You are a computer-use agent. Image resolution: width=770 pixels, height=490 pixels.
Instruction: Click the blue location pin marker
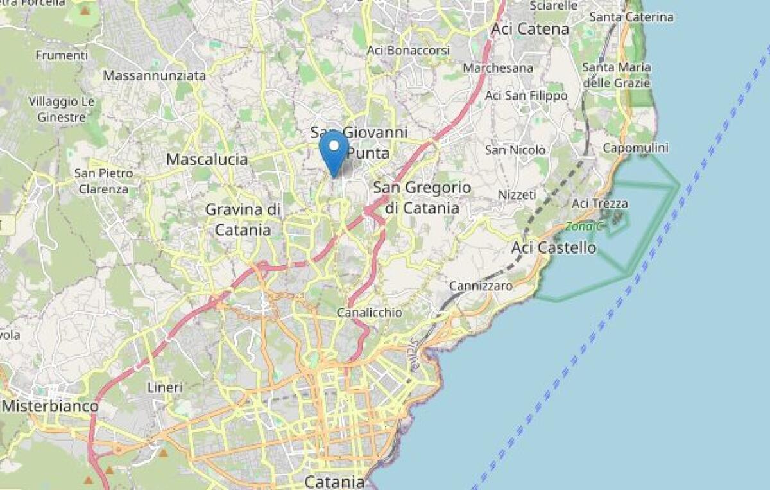[334, 150]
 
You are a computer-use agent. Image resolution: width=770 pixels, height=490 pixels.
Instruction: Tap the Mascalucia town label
[207, 159]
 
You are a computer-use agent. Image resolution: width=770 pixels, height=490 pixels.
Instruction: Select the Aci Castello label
[554, 247]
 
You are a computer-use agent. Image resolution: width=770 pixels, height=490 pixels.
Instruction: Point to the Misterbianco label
[50, 406]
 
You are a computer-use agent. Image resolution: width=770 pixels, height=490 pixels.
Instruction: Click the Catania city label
[334, 481]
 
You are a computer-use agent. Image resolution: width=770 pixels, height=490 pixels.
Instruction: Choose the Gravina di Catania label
[243, 219]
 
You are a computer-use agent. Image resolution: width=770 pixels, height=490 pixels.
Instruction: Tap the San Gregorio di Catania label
[422, 198]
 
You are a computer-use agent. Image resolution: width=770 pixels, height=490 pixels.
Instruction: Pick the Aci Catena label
[530, 29]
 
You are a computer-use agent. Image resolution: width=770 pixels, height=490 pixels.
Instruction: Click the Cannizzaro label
[481, 286]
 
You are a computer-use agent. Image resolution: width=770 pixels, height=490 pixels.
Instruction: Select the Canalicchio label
[370, 312]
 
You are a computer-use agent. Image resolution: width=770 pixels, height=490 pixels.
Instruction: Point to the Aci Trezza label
[599, 204]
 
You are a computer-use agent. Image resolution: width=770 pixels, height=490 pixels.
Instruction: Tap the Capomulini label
[635, 148]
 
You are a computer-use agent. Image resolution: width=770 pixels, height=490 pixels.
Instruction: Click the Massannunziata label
[155, 76]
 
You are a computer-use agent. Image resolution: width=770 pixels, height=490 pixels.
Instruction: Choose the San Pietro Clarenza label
[103, 181]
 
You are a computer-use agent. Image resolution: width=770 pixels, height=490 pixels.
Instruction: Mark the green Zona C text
[585, 226]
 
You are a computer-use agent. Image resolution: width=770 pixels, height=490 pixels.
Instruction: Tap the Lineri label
[165, 387]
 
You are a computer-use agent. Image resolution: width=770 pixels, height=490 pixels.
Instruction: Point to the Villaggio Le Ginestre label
[62, 109]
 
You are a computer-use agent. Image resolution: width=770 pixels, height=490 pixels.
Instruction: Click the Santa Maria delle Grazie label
[616, 74]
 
